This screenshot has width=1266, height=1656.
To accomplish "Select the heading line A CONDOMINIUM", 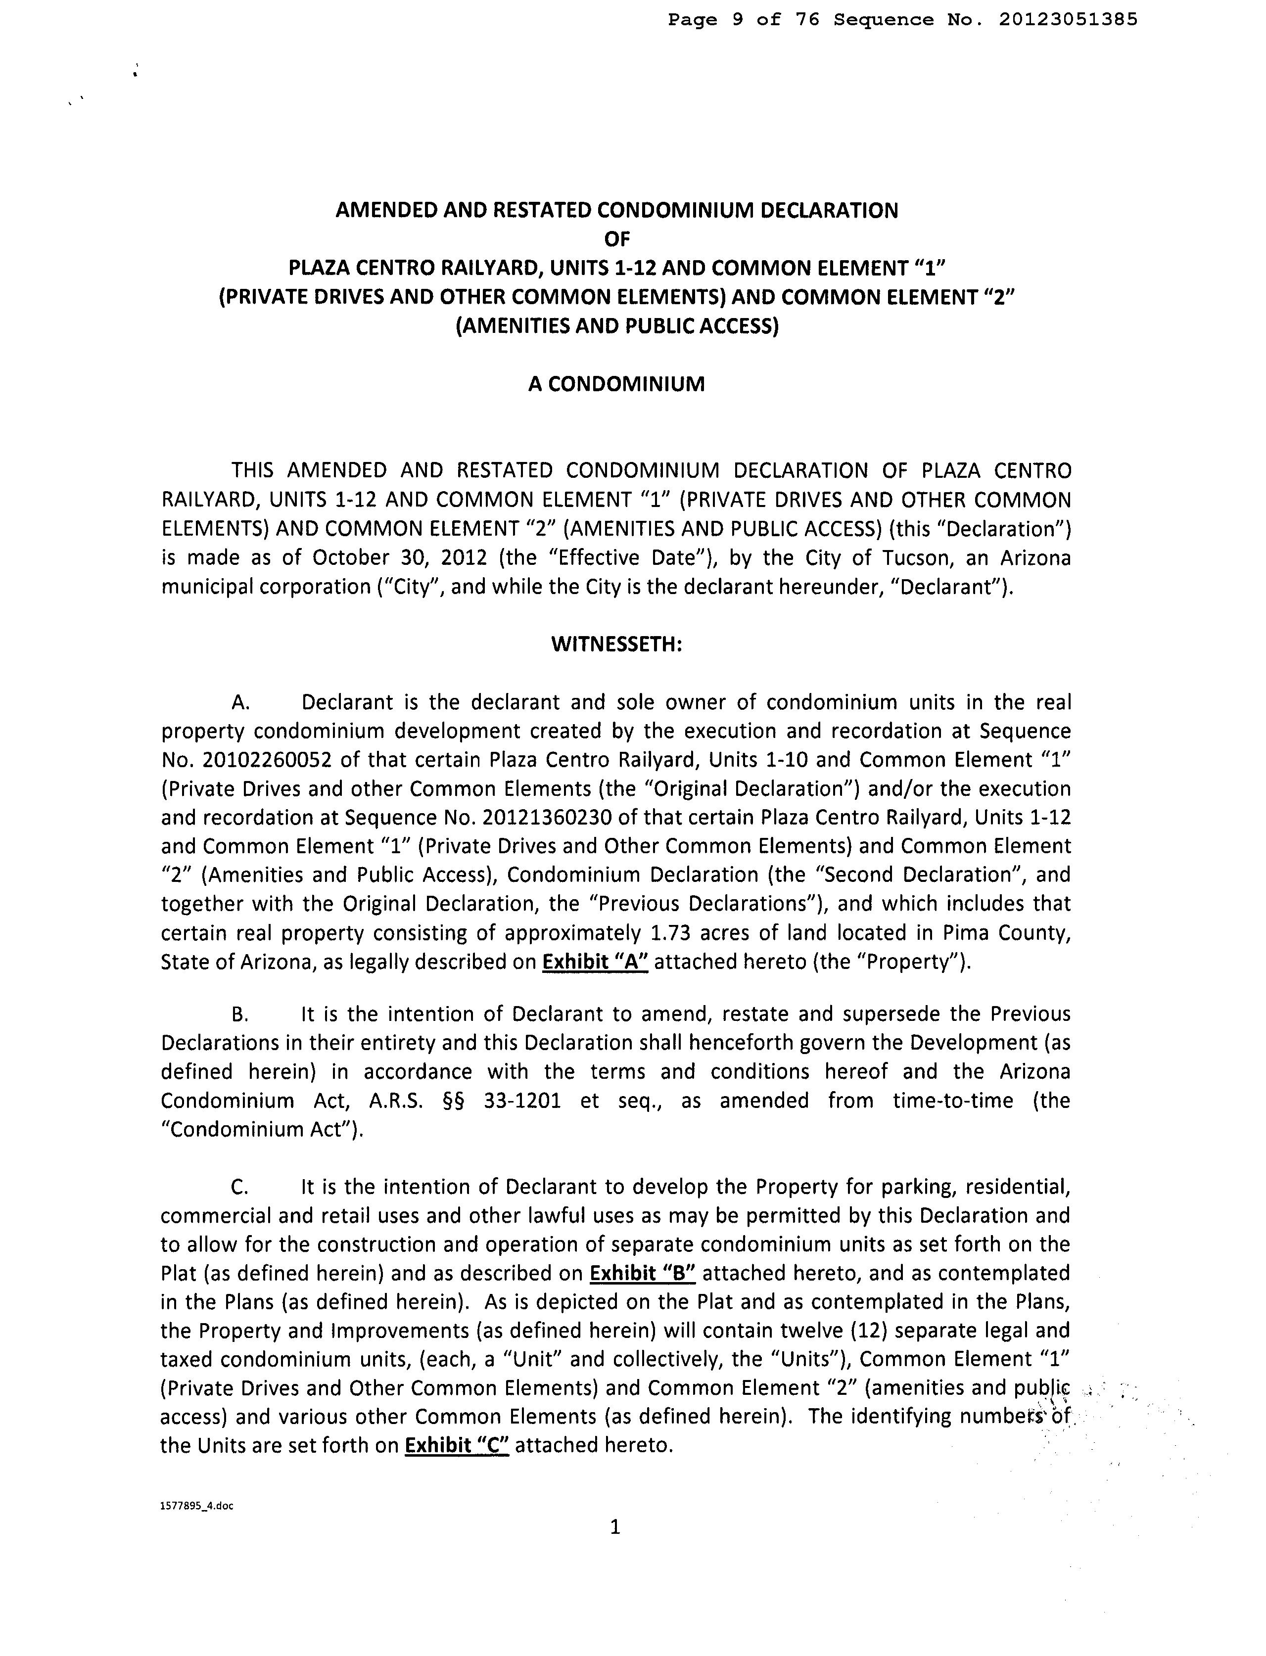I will click(616, 384).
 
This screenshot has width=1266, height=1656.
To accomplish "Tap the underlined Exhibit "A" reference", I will click(595, 962).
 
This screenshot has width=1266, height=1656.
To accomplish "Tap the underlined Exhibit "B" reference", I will click(642, 1273).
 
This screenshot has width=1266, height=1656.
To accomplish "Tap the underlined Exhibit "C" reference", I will click(457, 1446).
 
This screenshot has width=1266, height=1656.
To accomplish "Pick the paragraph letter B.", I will click(239, 1015).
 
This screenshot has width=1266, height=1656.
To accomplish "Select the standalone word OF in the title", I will click(616, 239).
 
